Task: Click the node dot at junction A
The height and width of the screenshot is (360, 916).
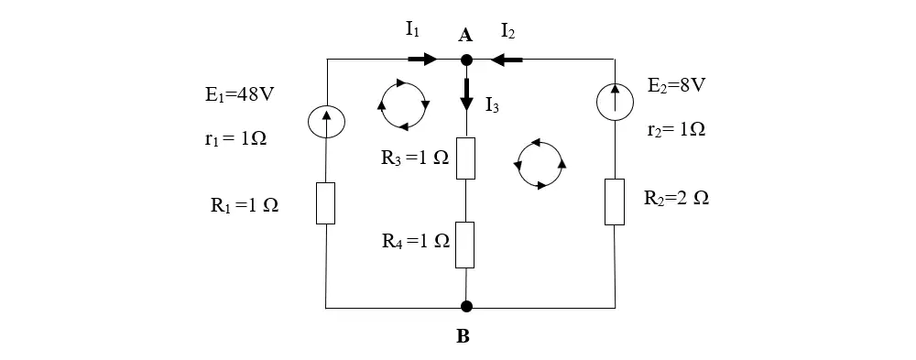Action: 466,60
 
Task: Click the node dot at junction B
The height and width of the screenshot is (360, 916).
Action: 466,306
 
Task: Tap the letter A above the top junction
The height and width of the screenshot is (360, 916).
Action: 465,36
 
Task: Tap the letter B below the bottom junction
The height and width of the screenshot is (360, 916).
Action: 463,336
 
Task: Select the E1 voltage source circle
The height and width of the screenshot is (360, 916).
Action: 326,121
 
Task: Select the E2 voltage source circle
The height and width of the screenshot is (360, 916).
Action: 615,103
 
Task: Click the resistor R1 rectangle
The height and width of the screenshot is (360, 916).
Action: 325,203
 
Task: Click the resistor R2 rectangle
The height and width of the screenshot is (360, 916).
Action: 614,202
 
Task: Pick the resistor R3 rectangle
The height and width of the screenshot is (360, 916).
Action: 465,158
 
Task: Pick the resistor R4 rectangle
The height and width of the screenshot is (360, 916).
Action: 465,245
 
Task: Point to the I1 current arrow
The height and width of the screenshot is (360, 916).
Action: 422,59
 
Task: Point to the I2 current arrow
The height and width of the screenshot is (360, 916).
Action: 507,59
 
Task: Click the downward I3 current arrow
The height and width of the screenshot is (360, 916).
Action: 466,93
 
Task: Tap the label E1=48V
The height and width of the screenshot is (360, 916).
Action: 239,95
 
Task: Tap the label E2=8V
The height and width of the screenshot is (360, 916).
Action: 677,85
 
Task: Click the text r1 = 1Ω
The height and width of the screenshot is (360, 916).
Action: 232,138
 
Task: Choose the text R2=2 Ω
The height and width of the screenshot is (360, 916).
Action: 677,198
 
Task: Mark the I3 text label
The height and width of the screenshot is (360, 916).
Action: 492,106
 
